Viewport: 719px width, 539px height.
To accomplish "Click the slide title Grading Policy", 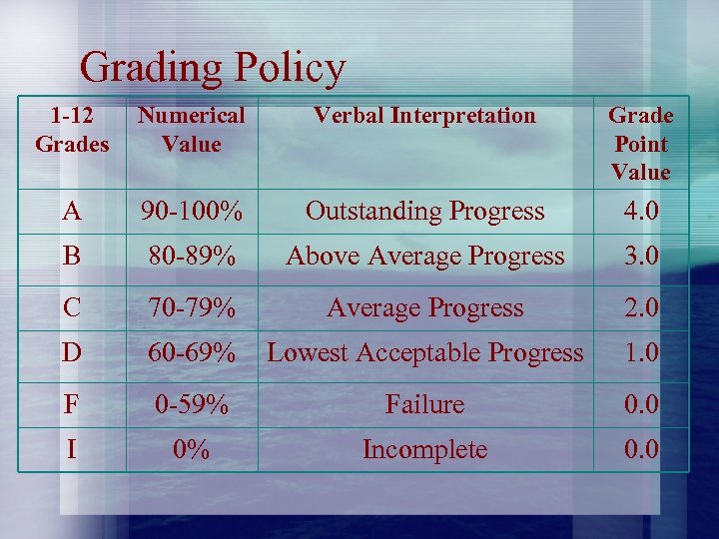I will click(213, 68).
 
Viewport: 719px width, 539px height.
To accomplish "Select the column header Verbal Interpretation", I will click(424, 116).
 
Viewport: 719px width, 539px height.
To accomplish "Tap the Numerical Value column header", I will click(191, 130).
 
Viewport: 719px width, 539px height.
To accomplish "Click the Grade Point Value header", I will click(640, 144).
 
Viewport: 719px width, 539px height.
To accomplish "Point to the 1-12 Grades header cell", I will click(72, 130).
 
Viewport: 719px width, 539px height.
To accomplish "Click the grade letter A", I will click(71, 211).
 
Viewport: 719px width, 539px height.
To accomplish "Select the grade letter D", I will click(71, 352).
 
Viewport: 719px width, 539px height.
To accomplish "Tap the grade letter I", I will click(71, 449).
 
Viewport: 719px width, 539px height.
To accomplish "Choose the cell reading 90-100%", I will click(191, 211).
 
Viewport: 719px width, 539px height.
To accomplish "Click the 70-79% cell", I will click(191, 307).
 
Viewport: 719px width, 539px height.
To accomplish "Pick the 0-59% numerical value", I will click(191, 404).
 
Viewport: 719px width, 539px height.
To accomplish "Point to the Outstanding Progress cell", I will click(424, 211).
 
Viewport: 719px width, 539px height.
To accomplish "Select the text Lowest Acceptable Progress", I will click(424, 352).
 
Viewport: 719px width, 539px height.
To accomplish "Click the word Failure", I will click(424, 404).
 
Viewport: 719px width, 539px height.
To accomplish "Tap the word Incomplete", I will click(424, 449).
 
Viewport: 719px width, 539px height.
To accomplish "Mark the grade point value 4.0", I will click(640, 211).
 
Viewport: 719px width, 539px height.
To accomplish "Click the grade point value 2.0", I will click(640, 307).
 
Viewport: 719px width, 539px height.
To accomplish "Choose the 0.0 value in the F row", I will click(640, 404).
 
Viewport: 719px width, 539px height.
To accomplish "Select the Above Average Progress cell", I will click(424, 256).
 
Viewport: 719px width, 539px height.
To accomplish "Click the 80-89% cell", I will click(191, 256).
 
